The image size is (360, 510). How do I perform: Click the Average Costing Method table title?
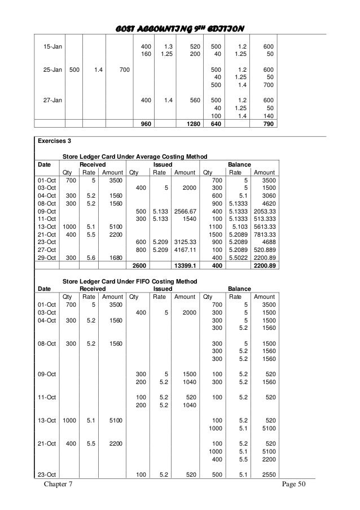tap(134, 156)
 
